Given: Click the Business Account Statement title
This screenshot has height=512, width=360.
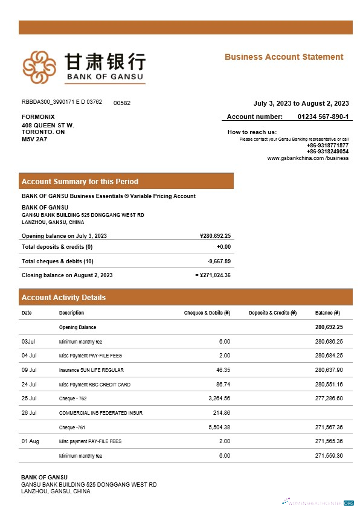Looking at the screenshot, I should point(284,57).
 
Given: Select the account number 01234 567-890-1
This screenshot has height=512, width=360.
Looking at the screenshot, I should point(323,117).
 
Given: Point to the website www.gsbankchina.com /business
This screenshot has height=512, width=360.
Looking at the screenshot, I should point(308,158).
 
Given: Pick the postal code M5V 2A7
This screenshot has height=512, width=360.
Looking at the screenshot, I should point(34,139).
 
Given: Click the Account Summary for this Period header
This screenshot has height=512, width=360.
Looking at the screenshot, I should point(80,181).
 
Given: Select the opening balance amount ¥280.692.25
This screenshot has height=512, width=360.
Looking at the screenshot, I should point(215,236).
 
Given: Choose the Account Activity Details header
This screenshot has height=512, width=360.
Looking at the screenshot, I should point(63,297).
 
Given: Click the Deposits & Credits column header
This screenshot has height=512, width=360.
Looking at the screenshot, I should point(272,313).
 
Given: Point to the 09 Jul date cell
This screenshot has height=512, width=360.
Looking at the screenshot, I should point(29,370).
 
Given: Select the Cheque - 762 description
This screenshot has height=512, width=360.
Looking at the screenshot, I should point(72,398).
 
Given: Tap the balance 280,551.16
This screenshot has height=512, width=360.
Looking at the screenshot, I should point(329,384).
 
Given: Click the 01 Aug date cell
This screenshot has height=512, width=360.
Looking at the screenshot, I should point(30,442).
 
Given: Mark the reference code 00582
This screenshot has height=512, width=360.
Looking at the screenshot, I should point(122,103).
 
